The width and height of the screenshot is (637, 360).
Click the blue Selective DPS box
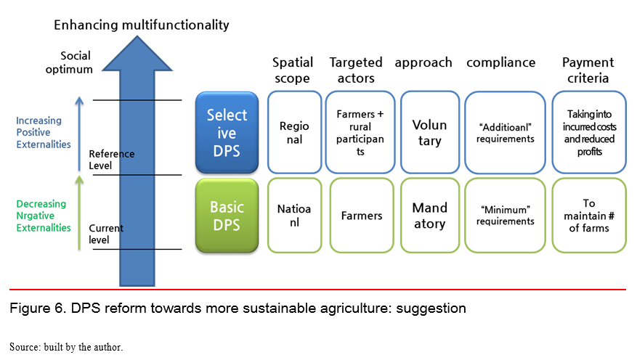[x=227, y=133]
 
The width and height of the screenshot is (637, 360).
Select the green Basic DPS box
[x=227, y=216]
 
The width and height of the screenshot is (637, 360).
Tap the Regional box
[x=295, y=132]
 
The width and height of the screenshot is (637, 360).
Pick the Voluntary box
[x=430, y=132]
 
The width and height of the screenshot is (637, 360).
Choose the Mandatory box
[x=430, y=216]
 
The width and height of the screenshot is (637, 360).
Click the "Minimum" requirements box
[x=505, y=216]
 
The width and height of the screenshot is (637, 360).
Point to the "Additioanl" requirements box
[x=505, y=132]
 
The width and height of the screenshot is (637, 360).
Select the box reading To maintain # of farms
[x=589, y=216]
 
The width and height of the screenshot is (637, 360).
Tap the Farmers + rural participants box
[x=360, y=132]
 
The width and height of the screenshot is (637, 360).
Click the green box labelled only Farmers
[x=362, y=216]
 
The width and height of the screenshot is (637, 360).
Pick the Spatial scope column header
[x=293, y=70]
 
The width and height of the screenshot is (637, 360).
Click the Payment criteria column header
[x=588, y=70]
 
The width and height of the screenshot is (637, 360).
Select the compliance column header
[x=501, y=62]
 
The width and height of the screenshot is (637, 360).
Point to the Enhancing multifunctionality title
[x=142, y=25]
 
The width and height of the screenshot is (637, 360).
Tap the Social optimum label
[x=69, y=62]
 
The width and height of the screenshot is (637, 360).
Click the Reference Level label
[x=111, y=160]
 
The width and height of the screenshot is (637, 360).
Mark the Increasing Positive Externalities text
[x=44, y=132]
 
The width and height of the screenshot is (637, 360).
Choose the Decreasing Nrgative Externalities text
[x=44, y=216]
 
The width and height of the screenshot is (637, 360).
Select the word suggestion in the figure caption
[x=431, y=308]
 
